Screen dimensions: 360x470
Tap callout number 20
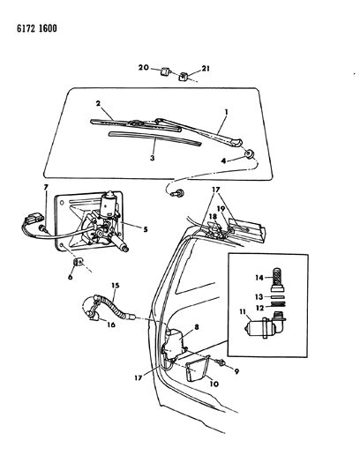144,67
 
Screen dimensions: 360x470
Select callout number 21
206,69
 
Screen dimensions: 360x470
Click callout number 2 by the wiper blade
98,103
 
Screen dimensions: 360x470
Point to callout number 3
152,158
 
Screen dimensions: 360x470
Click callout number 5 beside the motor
146,229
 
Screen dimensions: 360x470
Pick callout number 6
71,277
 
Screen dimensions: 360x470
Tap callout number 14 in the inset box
259,278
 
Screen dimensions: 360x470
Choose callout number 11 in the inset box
243,311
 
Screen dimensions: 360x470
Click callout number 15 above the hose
116,286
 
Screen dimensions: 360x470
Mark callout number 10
214,384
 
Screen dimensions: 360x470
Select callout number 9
236,372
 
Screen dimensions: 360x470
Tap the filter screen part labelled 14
278,280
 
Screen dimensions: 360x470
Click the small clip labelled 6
79,262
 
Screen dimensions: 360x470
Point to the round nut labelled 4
250,154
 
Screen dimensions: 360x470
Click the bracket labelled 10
197,371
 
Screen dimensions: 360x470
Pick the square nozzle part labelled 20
166,72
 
